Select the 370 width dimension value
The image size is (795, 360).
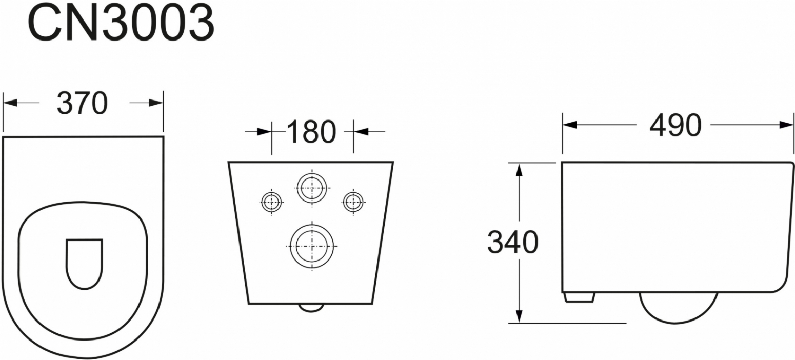[x=83, y=103]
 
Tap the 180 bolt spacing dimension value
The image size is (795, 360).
[x=311, y=132]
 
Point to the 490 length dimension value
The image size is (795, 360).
[x=675, y=125]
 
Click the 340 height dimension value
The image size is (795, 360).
[x=513, y=242]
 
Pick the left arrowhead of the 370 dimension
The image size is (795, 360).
[x=10, y=103]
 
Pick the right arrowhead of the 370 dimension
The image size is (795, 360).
[x=156, y=103]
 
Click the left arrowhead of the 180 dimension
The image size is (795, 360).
[x=265, y=132]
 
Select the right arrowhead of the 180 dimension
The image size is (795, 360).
[x=361, y=132]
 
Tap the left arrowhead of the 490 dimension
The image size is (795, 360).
[x=570, y=125]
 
